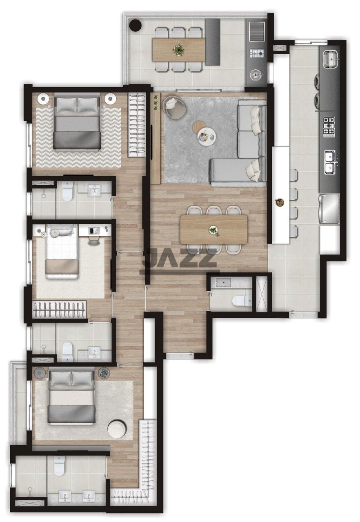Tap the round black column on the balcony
click(x=136, y=25)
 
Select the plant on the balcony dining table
click(x=178, y=49)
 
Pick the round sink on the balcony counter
click(x=256, y=75)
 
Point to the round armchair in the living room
click(x=174, y=107)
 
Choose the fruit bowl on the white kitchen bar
click(x=279, y=202)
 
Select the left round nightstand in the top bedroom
click(x=43, y=99)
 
